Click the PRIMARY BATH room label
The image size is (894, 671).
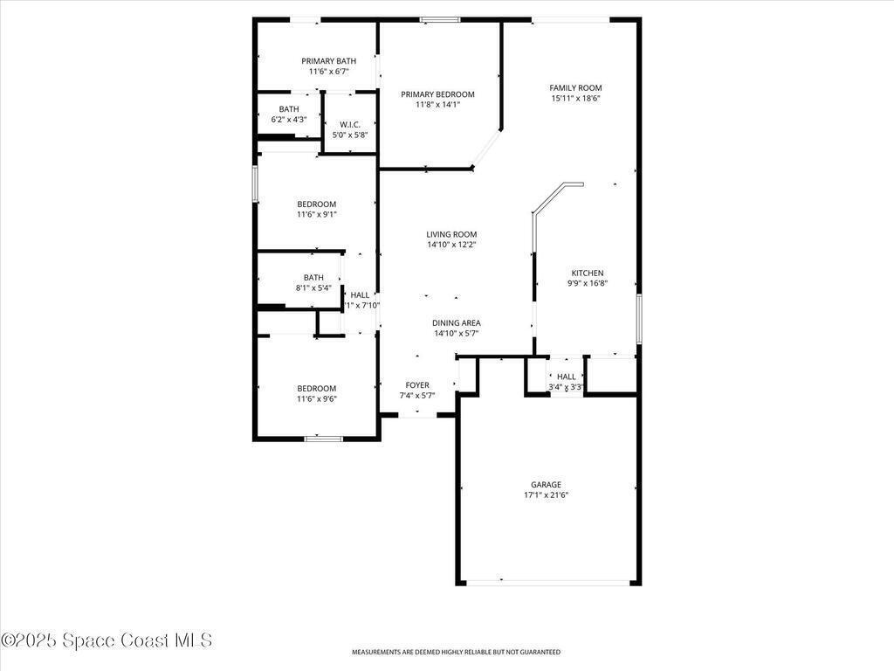[328, 61]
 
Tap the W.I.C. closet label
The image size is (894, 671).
[350, 124]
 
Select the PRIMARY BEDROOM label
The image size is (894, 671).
[437, 94]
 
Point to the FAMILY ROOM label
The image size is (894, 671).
[575, 88]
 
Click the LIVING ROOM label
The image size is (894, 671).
[451, 234]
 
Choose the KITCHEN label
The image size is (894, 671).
[588, 273]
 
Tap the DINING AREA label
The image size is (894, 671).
[456, 323]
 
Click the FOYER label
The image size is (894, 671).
[417, 385]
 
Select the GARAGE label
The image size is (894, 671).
[547, 485]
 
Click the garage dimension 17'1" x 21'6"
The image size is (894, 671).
[547, 495]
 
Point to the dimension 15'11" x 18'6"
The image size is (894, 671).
[575, 98]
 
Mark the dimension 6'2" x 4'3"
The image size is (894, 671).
[289, 120]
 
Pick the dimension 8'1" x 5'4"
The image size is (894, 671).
[313, 288]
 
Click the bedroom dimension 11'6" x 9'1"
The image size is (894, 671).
[316, 215]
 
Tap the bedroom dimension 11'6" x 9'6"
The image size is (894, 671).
[316, 398]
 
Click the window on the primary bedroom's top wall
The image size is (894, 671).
[440, 20]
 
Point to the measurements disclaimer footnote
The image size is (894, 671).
[456, 652]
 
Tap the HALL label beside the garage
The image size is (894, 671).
[566, 377]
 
